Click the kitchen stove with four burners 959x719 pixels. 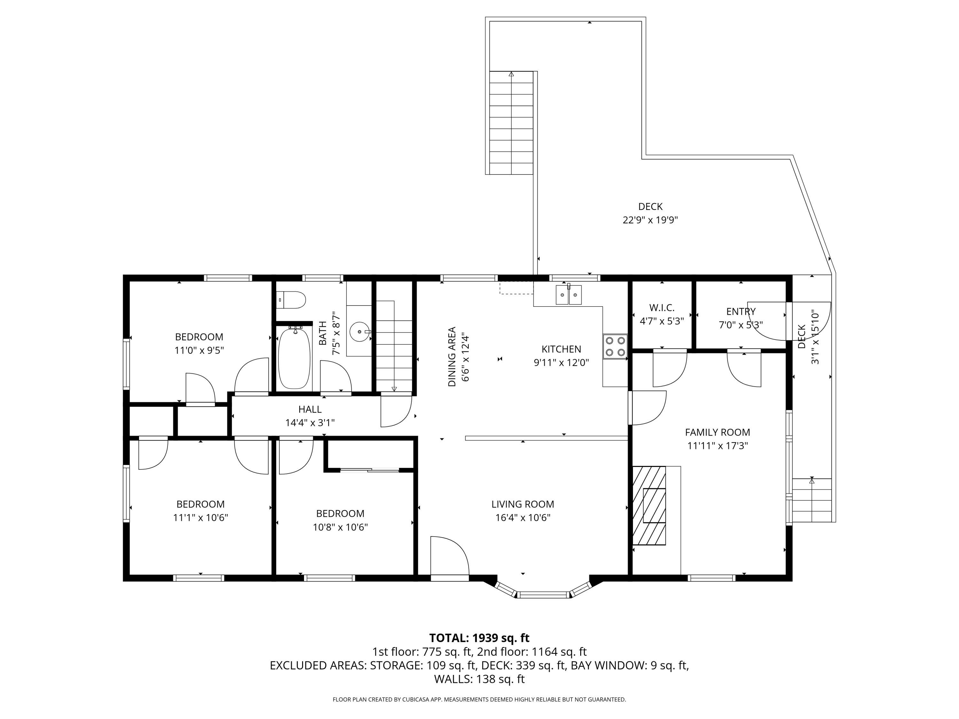[615, 346]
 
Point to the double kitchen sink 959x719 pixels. [568, 295]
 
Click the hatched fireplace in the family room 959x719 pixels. [649, 505]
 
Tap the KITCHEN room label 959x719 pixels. [561, 349]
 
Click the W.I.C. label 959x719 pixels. [662, 308]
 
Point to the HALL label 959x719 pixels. [309, 409]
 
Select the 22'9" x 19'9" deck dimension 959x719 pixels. [650, 220]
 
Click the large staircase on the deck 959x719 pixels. [511, 123]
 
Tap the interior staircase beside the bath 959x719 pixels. [394, 347]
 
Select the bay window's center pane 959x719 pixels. [544, 595]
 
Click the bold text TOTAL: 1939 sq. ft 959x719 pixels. [479, 638]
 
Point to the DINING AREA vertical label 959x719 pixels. [452, 356]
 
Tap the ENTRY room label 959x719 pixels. [740, 311]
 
